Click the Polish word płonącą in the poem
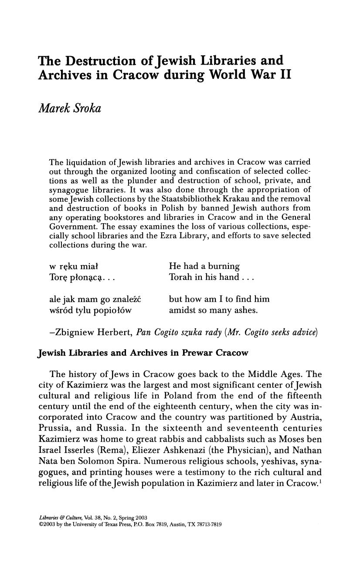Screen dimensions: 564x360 pos(82,278)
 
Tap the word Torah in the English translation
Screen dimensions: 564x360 pos(181,277)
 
